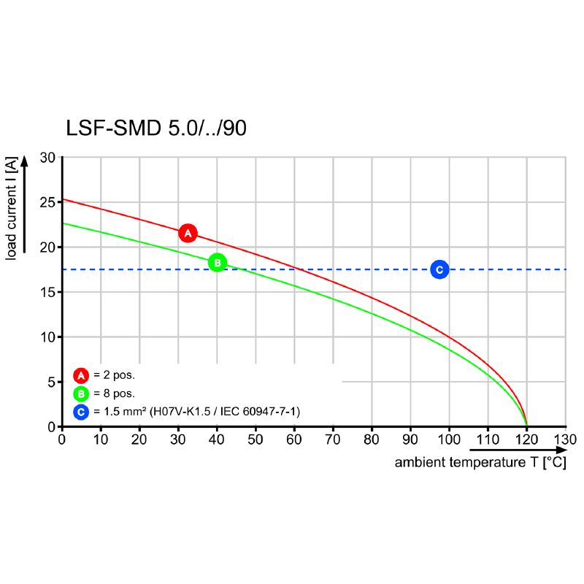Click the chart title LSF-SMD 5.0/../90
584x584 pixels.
click(x=156, y=128)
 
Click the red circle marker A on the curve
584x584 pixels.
click(x=188, y=234)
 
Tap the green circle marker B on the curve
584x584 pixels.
click(x=218, y=263)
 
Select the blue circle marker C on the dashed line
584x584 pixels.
click(x=439, y=270)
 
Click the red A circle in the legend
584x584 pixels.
click(x=81, y=376)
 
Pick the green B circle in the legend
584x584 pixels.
click(x=81, y=394)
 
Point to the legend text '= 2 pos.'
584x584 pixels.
click(x=115, y=376)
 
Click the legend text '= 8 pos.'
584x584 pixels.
click(x=115, y=394)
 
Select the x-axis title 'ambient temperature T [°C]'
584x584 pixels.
click(x=480, y=463)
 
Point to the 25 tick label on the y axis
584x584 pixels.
click(x=47, y=202)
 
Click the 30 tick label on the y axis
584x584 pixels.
click(x=47, y=158)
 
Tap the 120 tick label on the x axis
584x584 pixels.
click(x=527, y=439)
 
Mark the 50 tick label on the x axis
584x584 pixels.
click(x=255, y=439)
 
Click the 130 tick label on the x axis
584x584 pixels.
click(x=566, y=439)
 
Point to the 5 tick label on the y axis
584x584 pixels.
click(x=51, y=382)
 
